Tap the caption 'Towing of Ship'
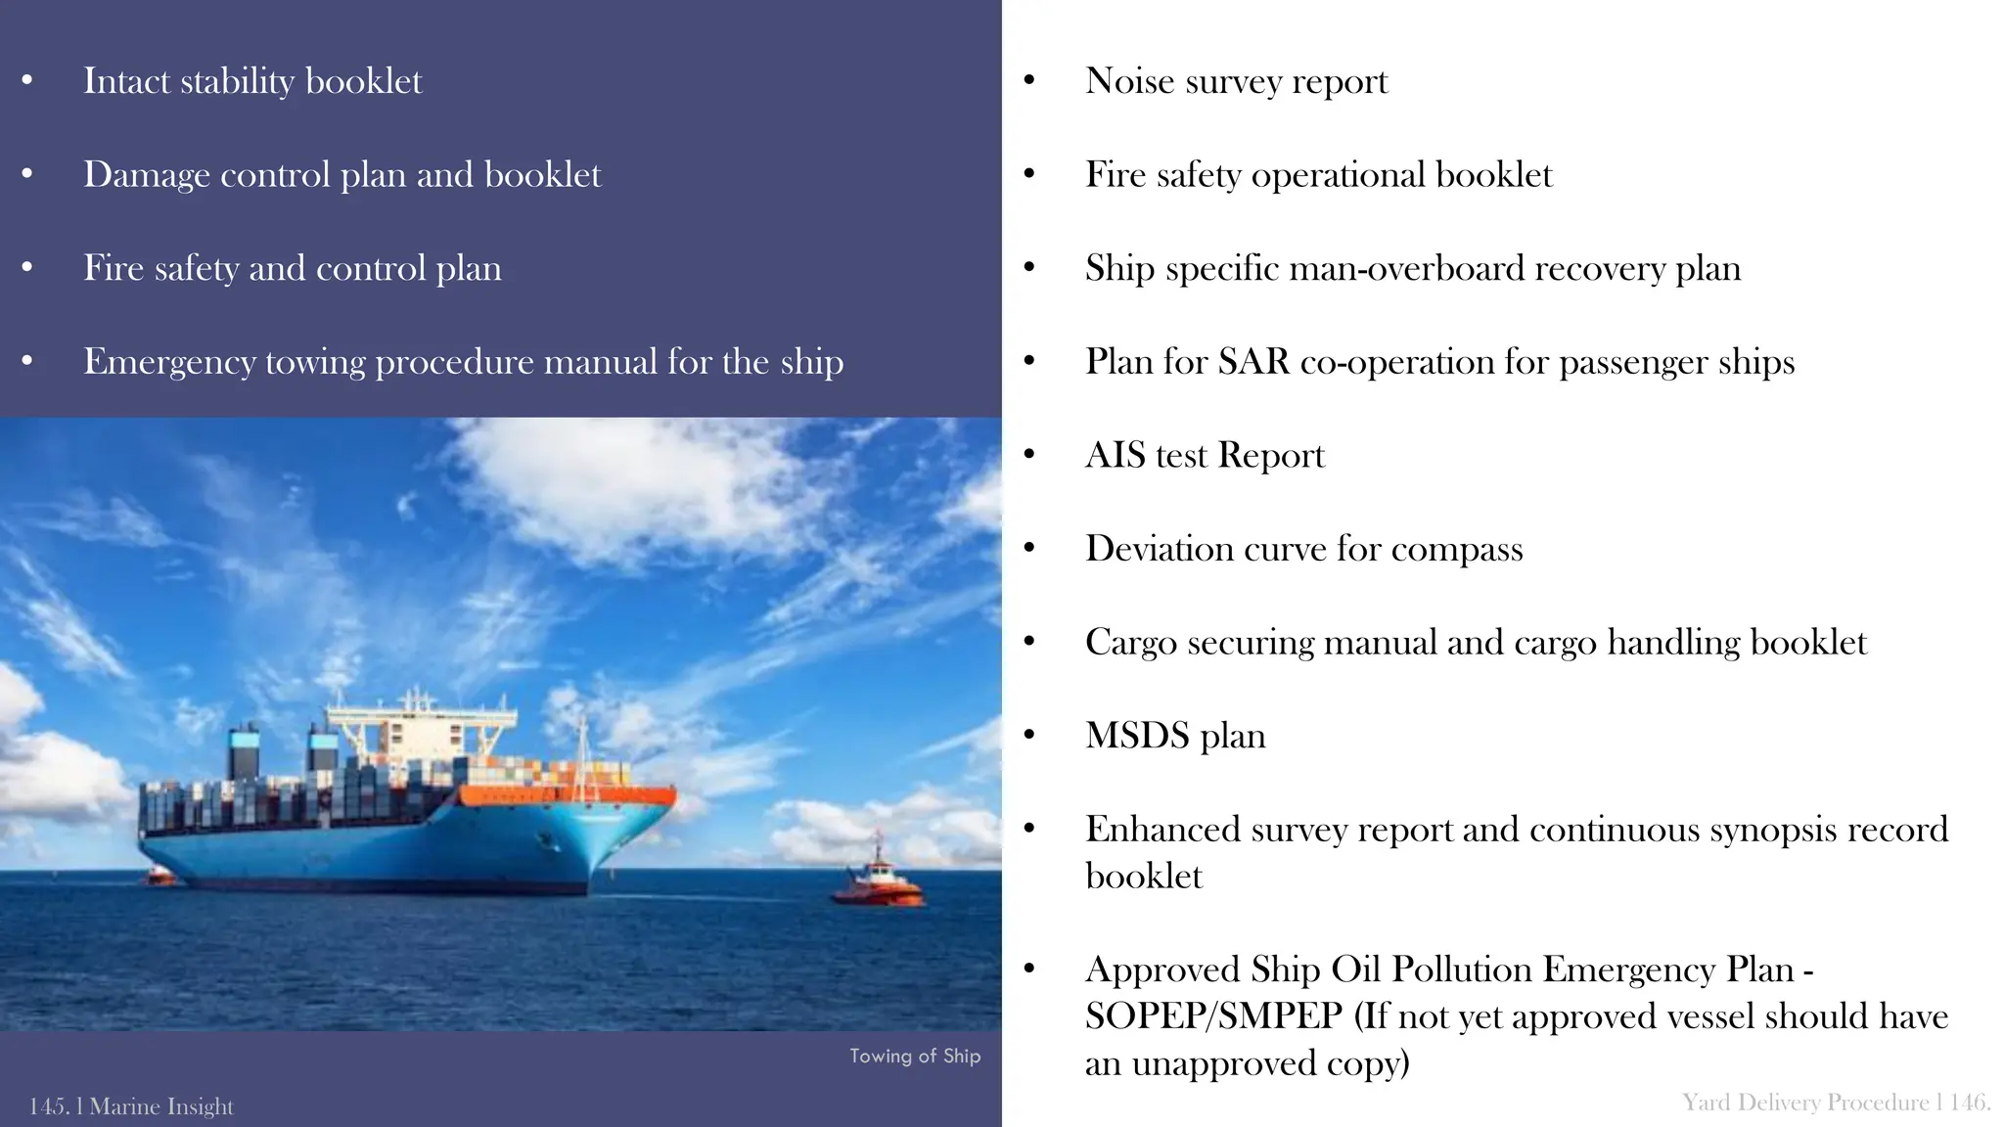tap(914, 1056)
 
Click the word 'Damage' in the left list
tap(147, 175)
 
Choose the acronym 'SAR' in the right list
tap(1253, 362)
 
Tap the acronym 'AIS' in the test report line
tap(1116, 456)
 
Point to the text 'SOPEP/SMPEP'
tap(1213, 1016)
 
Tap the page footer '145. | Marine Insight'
tap(131, 1106)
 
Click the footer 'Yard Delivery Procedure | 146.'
tap(1836, 1103)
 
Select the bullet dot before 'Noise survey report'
tap(1028, 81)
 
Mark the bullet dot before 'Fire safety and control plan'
tap(27, 268)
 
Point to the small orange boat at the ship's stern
tap(159, 876)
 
